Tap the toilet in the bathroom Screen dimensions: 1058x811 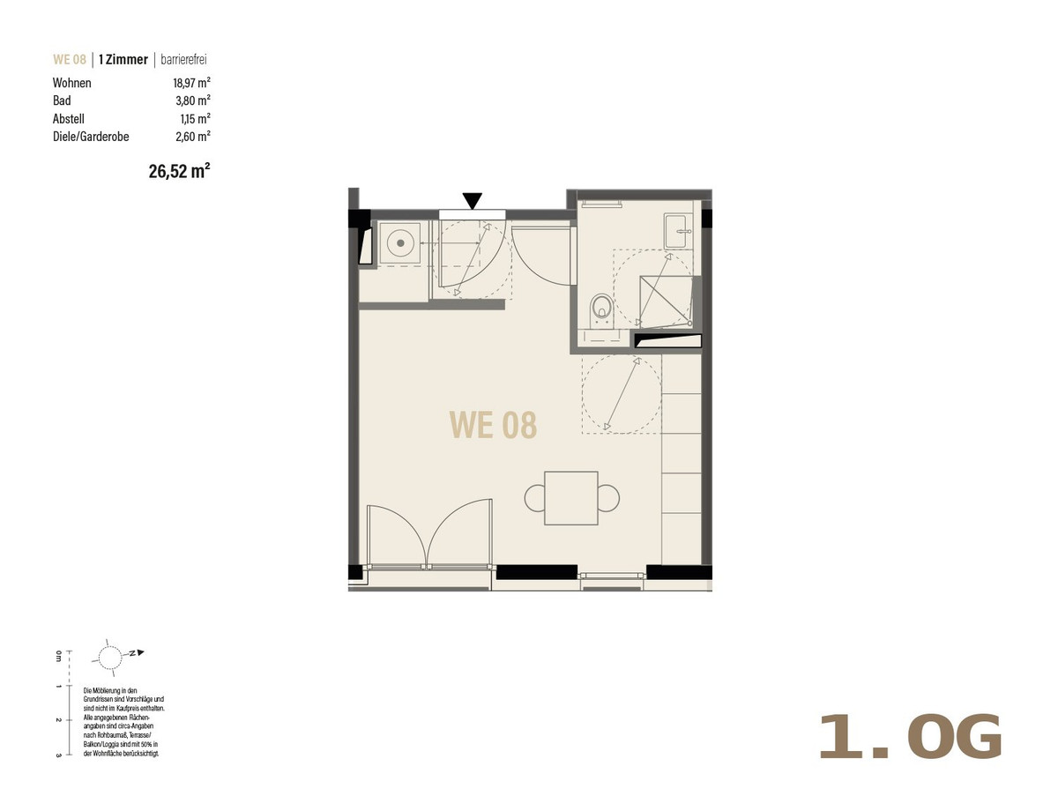pos(602,310)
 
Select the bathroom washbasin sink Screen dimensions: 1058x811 pos(678,232)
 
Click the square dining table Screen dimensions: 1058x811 pos(571,498)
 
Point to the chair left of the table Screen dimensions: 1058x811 pos(534,498)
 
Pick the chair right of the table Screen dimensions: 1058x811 pos(609,498)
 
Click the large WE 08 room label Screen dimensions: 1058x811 pos(493,425)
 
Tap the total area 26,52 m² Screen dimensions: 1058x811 pos(179,171)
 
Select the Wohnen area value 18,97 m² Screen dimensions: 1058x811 pos(192,83)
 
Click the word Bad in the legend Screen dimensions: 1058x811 pos(62,100)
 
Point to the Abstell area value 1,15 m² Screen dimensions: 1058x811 pos(195,119)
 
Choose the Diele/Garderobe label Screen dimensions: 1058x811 pos(91,137)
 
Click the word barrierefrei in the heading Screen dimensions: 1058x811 pos(183,60)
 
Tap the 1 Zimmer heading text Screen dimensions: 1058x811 pos(123,59)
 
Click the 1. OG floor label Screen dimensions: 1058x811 pos(909,738)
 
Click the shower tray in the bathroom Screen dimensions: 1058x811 pos(666,301)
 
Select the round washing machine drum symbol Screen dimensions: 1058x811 pos(400,243)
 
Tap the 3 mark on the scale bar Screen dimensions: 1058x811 pos(58,755)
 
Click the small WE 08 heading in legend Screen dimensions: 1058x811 pos(70,59)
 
